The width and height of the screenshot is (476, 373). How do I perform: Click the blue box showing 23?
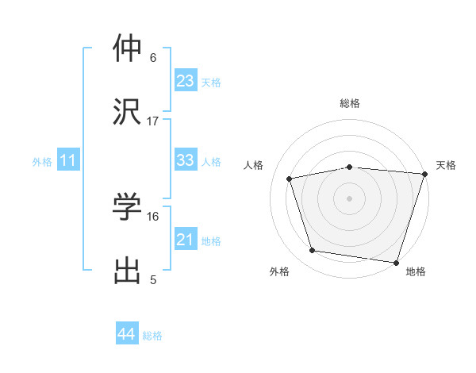185,82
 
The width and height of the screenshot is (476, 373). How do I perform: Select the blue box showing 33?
185,161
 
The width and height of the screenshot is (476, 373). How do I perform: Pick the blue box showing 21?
185,240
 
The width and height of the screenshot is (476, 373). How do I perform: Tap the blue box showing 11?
68,161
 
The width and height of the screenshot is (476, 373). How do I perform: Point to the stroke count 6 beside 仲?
153,58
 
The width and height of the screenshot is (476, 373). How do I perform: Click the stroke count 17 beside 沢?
153,121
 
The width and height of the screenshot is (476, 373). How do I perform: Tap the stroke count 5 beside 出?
153,279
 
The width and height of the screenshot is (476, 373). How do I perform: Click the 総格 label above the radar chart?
350,103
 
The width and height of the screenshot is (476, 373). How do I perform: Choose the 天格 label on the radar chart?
446,165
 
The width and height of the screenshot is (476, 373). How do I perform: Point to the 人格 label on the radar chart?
255,165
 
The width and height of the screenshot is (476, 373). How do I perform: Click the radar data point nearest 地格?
396,262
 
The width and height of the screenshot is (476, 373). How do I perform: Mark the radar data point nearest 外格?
313,251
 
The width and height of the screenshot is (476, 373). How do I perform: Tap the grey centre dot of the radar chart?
350,198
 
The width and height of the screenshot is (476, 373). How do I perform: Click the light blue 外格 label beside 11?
42,162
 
